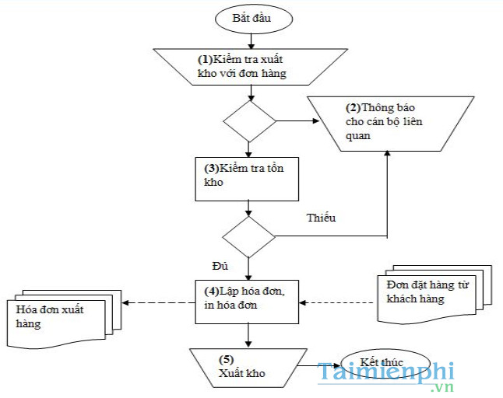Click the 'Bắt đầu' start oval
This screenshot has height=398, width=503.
click(251, 17)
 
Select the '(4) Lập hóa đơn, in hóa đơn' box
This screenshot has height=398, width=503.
click(248, 299)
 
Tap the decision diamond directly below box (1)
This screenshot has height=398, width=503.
click(250, 121)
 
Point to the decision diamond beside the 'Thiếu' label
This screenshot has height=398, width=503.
click(248, 236)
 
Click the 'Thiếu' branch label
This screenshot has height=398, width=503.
click(321, 218)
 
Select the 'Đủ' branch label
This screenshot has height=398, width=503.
click(220, 266)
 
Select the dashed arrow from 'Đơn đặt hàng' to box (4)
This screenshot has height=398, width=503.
click(335, 302)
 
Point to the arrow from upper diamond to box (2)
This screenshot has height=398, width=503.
click(296, 121)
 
